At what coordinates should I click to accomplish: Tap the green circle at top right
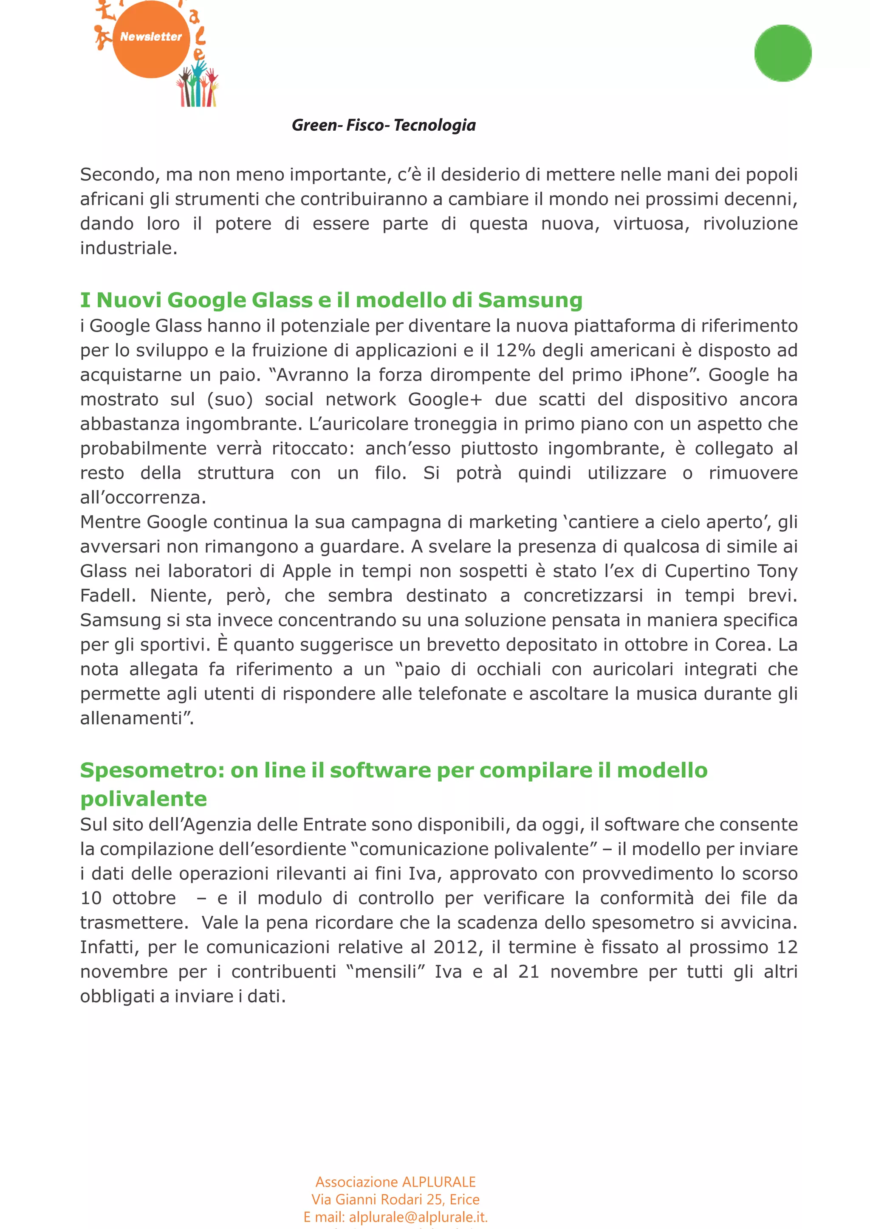(x=782, y=53)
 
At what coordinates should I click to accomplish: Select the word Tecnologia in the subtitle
(x=435, y=125)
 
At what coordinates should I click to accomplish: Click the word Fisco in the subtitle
(x=365, y=125)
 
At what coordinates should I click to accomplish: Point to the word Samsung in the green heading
(x=529, y=300)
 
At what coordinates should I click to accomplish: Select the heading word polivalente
(x=144, y=799)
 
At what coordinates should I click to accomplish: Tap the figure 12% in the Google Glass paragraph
(x=515, y=351)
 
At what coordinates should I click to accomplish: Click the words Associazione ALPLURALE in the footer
(x=395, y=1182)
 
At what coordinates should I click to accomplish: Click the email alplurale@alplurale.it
(x=418, y=1217)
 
